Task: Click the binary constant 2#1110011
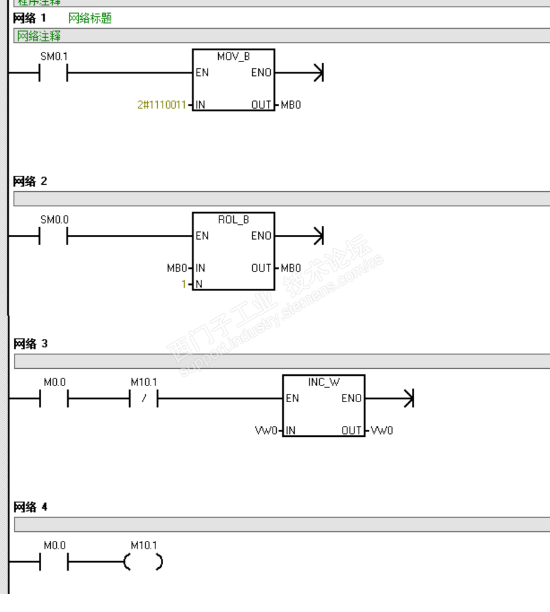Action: click(161, 105)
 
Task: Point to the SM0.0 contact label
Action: click(54, 220)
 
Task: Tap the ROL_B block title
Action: click(234, 220)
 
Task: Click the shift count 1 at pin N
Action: click(185, 283)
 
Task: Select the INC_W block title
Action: click(323, 382)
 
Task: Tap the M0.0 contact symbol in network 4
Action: click(54, 562)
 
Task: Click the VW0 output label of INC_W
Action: click(384, 430)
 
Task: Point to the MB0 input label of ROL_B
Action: click(176, 268)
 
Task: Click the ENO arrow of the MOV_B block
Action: click(317, 73)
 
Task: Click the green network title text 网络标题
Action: click(90, 19)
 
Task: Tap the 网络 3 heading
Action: click(30, 344)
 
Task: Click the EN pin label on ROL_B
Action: click(202, 236)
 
